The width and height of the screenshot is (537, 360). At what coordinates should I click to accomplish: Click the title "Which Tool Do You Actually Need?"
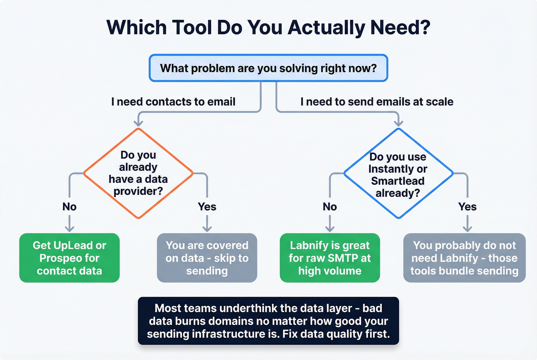[268, 28]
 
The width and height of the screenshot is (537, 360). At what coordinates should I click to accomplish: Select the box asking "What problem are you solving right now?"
[268, 68]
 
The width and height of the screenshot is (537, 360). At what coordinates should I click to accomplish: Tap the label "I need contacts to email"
[173, 102]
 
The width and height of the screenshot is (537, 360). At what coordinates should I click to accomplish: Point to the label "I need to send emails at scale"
[377, 102]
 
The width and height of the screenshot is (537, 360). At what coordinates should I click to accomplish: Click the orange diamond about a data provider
[138, 173]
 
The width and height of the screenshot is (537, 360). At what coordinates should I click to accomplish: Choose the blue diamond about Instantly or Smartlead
[398, 173]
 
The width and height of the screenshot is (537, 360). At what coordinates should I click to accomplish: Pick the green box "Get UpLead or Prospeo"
[69, 258]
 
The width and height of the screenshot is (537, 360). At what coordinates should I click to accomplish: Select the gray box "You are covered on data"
[207, 258]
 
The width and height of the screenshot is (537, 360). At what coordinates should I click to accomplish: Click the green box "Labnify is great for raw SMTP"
[330, 258]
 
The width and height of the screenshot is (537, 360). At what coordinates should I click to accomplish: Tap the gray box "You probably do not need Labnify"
[464, 258]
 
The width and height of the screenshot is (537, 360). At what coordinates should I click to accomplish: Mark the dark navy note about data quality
[268, 321]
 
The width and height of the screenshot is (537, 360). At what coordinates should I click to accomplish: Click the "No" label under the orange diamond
[69, 207]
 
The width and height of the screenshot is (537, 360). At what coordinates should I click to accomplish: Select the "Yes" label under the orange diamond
[207, 207]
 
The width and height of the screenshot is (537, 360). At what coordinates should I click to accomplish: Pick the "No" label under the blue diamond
[330, 207]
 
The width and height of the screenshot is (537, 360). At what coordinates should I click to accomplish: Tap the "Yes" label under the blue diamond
[467, 207]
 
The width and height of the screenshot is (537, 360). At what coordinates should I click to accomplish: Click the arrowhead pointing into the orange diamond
[138, 123]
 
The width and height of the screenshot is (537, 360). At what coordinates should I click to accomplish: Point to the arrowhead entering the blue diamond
[399, 123]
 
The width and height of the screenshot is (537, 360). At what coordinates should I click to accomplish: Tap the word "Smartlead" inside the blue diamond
[398, 181]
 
